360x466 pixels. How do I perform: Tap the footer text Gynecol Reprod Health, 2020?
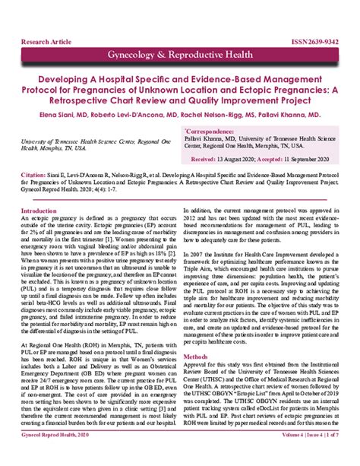[x=55, y=456]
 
